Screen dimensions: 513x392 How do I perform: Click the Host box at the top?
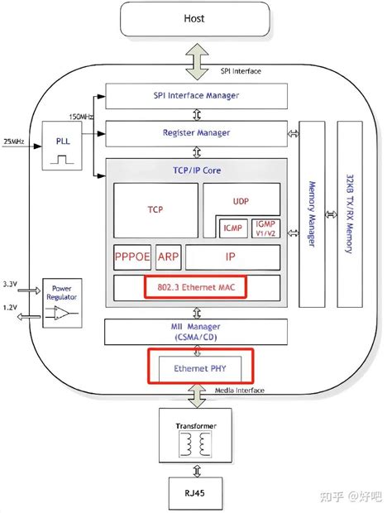[x=196, y=17]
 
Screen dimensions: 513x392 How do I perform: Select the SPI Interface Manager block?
[x=196, y=95]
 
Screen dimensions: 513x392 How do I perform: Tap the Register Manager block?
[x=196, y=132]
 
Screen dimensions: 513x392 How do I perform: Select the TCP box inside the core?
[x=155, y=210]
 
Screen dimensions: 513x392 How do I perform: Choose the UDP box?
[x=241, y=201]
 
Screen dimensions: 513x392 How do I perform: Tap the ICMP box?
[x=231, y=227]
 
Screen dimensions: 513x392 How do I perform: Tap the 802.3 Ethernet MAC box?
[x=195, y=286]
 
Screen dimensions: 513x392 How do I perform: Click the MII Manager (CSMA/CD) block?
[x=196, y=332]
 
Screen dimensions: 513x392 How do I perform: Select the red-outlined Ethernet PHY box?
[x=199, y=367]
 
